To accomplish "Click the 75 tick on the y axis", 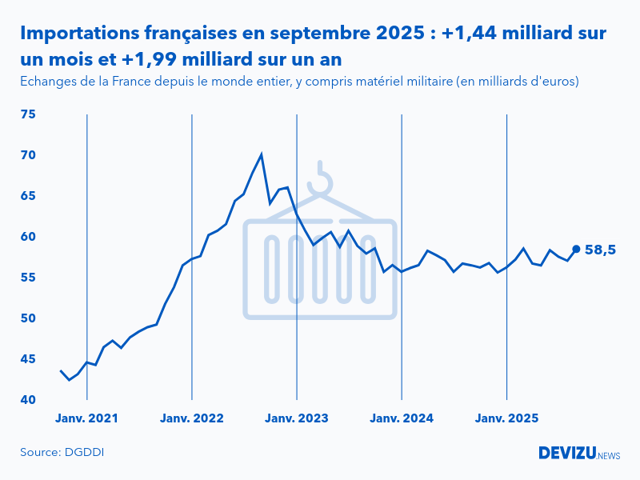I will (28, 114).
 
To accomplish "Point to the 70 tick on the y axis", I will (28, 155).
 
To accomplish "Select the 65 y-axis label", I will (28, 196).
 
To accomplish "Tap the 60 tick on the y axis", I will (28, 237).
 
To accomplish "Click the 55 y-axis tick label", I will (28, 278).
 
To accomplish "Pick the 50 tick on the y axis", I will (28, 318).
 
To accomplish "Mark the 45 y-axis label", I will (28, 359).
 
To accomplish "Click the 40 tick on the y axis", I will (28, 400).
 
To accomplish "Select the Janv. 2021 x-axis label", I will (86, 418).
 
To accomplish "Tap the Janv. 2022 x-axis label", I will (192, 418).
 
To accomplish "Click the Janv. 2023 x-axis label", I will (297, 418).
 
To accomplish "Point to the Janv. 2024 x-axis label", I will (402, 418).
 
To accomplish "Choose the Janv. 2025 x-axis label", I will (507, 418).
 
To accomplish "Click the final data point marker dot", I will (576, 249).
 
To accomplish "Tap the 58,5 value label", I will (600, 250).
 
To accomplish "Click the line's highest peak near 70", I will (262, 154).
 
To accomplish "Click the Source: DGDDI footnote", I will (62, 453).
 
